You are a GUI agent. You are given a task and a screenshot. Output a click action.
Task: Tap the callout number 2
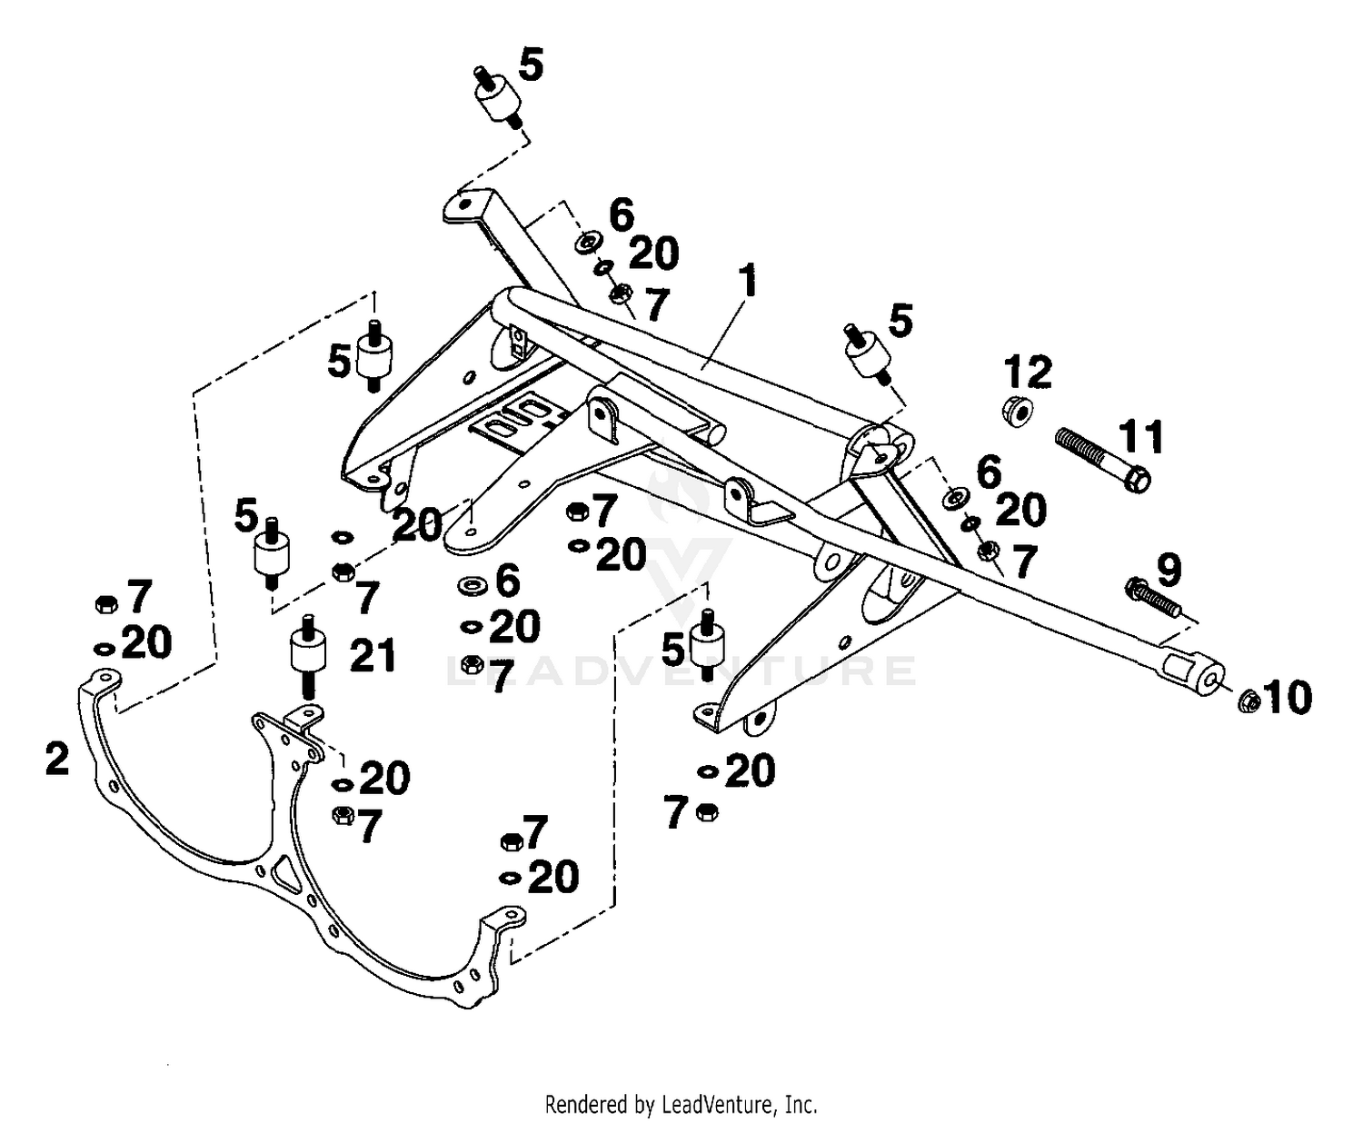[x=57, y=759]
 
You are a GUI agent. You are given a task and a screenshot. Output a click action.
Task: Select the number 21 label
[x=373, y=655]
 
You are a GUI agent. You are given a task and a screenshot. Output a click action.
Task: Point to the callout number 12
[x=1028, y=373]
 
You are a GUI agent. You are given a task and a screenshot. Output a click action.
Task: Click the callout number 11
[x=1140, y=437]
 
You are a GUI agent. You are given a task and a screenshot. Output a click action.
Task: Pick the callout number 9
[x=1169, y=570]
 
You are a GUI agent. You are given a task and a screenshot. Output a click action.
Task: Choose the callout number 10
[x=1288, y=698]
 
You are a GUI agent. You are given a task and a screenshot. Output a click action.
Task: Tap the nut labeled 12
[x=1018, y=412]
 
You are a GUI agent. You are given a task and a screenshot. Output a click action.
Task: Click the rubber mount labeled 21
[x=307, y=656]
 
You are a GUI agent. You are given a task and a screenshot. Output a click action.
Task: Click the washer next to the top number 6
[x=588, y=243]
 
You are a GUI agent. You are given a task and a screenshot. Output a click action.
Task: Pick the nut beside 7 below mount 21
[x=343, y=815]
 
